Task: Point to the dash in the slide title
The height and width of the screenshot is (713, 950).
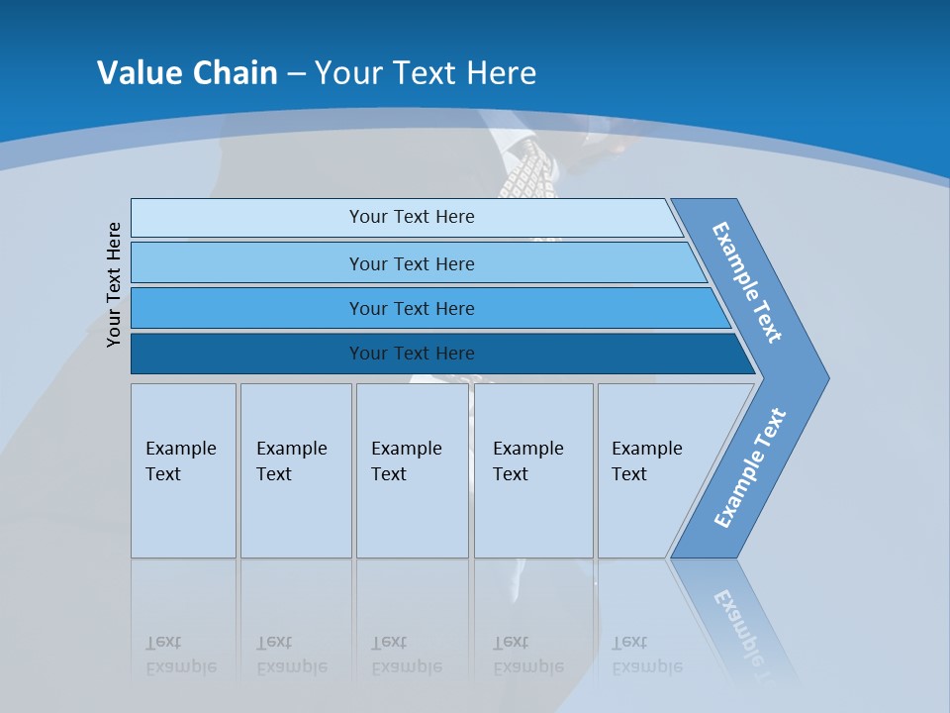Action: [x=296, y=74]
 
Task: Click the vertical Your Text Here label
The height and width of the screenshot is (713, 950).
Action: [x=114, y=285]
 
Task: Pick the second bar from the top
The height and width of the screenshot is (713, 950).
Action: [x=411, y=263]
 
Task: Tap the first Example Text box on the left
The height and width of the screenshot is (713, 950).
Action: [x=183, y=470]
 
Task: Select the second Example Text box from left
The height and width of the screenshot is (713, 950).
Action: [x=296, y=470]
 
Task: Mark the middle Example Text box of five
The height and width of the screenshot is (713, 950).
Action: [x=412, y=470]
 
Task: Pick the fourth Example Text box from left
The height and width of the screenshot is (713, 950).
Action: [x=533, y=470]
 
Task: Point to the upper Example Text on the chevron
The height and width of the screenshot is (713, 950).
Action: [x=747, y=282]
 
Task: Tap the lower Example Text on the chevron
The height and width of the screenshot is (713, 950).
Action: [x=750, y=468]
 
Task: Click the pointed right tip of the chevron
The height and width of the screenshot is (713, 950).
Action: [x=823, y=378]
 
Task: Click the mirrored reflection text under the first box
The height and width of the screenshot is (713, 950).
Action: [x=181, y=655]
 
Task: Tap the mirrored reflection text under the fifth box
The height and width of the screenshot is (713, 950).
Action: [x=647, y=655]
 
